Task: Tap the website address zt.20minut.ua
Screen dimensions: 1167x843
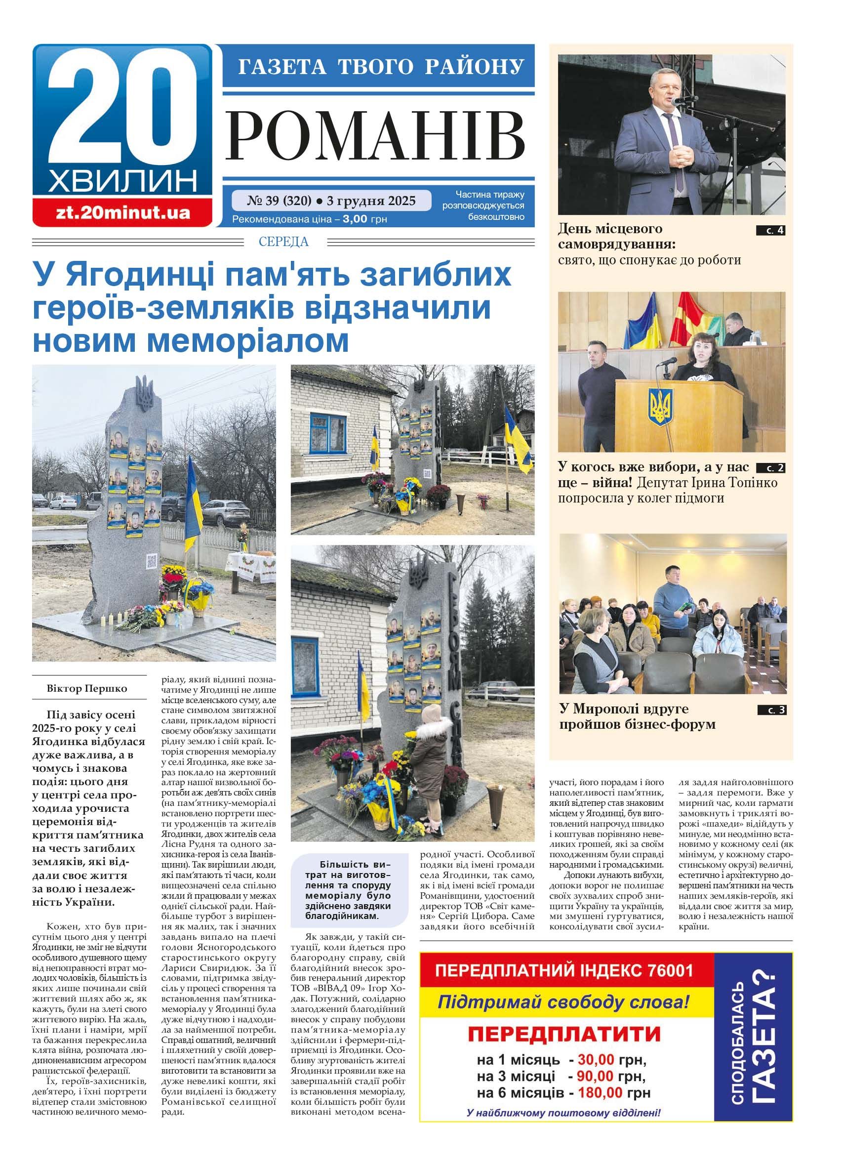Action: pyautogui.click(x=122, y=212)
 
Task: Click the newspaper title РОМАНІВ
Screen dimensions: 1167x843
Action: pyautogui.click(x=376, y=136)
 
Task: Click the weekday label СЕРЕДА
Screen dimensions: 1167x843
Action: pyautogui.click(x=283, y=242)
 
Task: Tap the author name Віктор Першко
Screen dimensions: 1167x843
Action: pyautogui.click(x=87, y=688)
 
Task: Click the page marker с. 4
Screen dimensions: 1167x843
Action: pyautogui.click(x=770, y=230)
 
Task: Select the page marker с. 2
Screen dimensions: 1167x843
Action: pyautogui.click(x=770, y=468)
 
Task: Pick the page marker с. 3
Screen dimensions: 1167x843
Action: pyautogui.click(x=771, y=710)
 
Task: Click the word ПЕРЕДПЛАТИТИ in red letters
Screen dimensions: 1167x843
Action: pyautogui.click(x=563, y=1034)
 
